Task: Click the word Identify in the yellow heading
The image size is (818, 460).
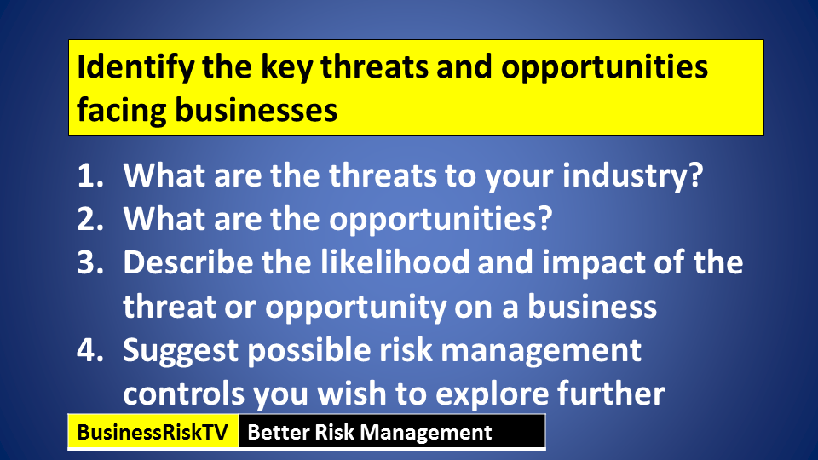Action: (x=135, y=68)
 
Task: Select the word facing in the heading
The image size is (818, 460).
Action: (x=122, y=111)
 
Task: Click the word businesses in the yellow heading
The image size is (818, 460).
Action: (x=256, y=110)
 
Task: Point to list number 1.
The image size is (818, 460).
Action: (x=91, y=175)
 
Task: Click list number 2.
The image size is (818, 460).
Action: (x=91, y=219)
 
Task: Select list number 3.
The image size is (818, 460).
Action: (x=91, y=262)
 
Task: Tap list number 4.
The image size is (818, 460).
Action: (x=91, y=350)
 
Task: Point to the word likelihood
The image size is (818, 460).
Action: (x=395, y=262)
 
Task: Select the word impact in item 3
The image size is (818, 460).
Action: (x=594, y=263)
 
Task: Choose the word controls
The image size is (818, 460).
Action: (x=184, y=394)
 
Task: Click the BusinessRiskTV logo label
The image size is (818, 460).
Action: (x=153, y=433)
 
